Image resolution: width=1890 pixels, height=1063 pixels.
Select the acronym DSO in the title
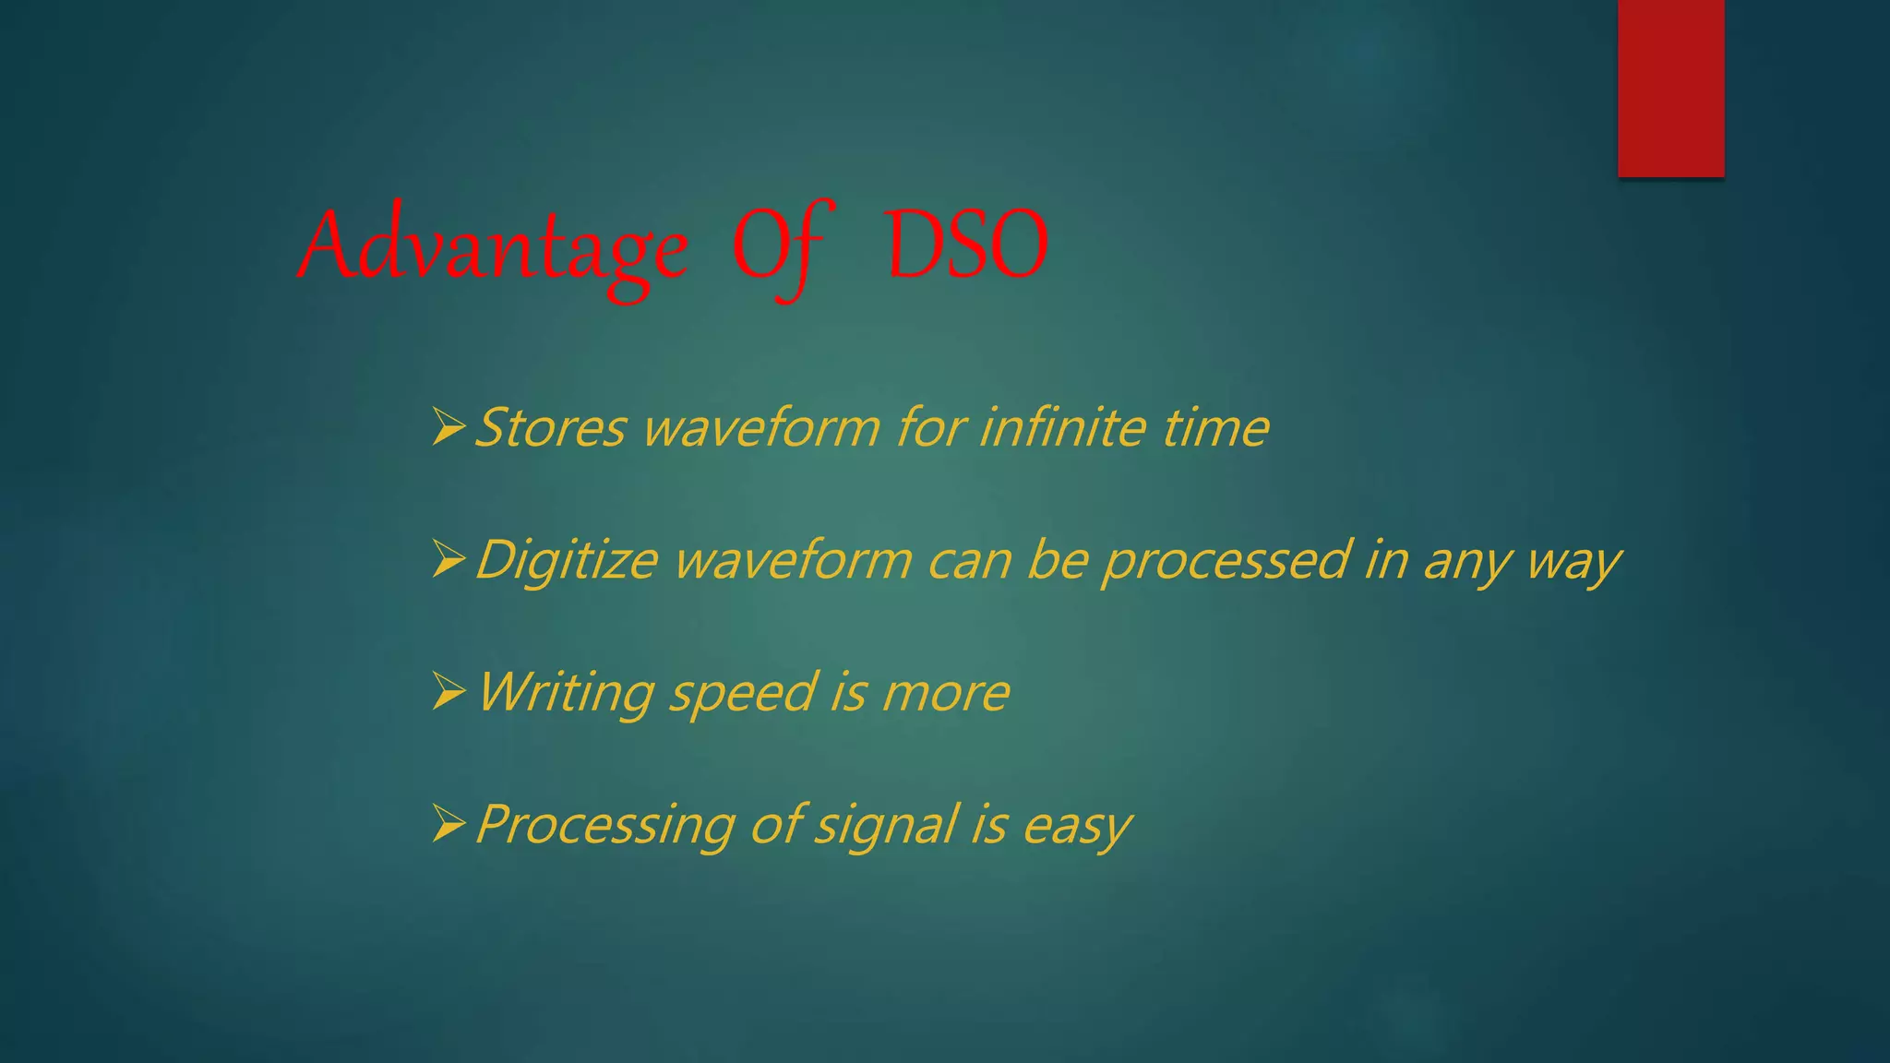pyautogui.click(x=966, y=245)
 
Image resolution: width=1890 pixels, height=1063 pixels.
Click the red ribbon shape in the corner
pyautogui.click(x=1670, y=88)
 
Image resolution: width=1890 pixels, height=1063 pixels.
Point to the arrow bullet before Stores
pyautogui.click(x=449, y=427)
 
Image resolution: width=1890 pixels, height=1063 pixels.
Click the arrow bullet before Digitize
pyautogui.click(x=449, y=559)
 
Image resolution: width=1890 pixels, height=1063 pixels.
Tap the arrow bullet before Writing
pyautogui.click(x=449, y=691)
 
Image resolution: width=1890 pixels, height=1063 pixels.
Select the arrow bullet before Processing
pyautogui.click(x=449, y=823)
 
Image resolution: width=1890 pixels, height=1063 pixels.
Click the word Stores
pyautogui.click(x=551, y=428)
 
